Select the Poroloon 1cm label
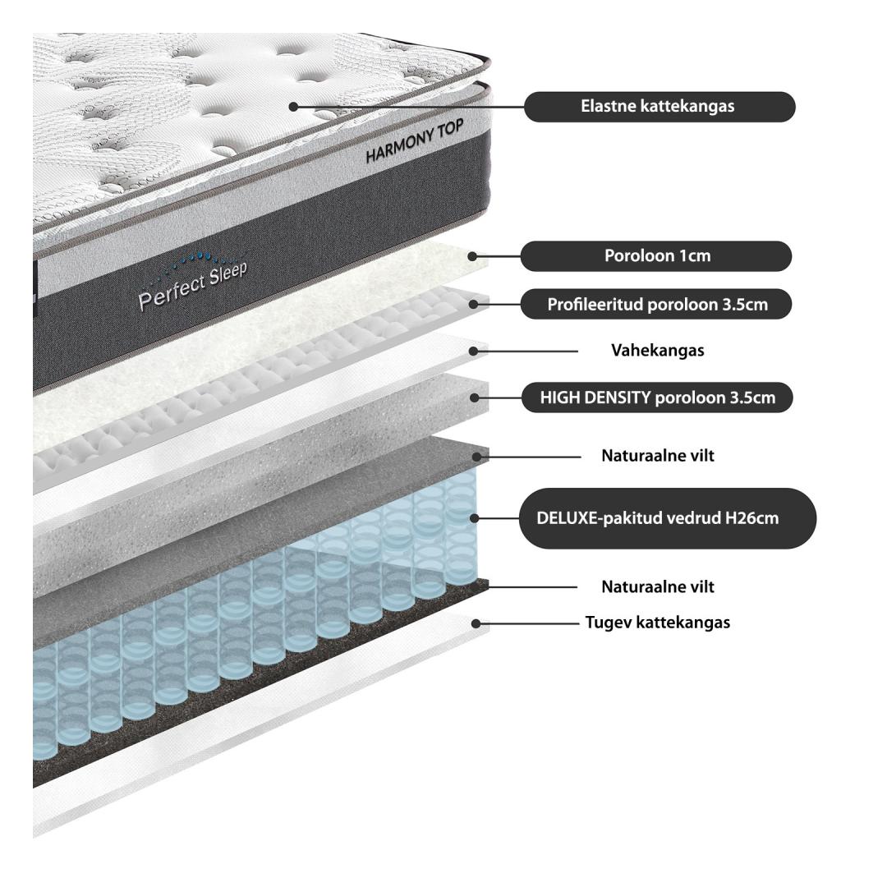[x=656, y=255]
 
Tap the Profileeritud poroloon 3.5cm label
[x=656, y=305]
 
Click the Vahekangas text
[x=657, y=350]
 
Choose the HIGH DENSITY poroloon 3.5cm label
[x=657, y=398]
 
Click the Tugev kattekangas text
[x=657, y=623]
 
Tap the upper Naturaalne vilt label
[x=657, y=455]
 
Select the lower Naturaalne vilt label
[x=657, y=586]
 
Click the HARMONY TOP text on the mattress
[x=415, y=141]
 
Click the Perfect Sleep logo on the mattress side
[x=193, y=281]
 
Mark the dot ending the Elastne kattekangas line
[x=293, y=106]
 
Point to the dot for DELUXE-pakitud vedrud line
[x=475, y=518]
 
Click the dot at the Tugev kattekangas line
[x=476, y=623]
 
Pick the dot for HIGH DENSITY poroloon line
[x=475, y=398]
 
